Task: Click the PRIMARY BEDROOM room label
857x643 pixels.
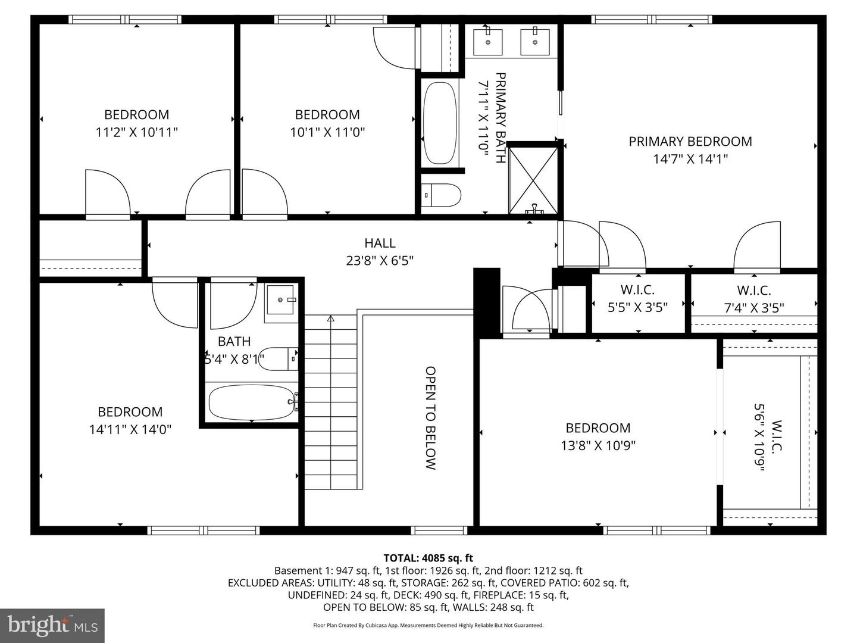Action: coord(690,142)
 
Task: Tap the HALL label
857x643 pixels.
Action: coord(380,243)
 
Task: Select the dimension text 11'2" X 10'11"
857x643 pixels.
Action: coord(137,132)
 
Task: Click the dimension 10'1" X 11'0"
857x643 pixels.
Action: coord(327,132)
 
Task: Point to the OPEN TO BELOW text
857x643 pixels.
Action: coord(431,418)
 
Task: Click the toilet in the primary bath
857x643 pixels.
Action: coord(442,195)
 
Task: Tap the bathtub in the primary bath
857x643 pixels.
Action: coord(440,123)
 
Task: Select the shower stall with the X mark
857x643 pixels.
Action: coord(533,179)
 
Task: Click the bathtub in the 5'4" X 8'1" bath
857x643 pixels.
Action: coord(251,402)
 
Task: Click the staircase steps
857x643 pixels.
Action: coord(331,405)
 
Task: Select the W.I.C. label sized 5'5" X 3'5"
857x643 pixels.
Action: coord(637,290)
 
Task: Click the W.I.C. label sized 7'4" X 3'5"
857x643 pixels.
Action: coord(754,291)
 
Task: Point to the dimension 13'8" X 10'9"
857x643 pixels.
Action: coord(598,445)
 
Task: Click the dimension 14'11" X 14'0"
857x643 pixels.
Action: coord(130,429)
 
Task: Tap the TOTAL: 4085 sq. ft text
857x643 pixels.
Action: coord(428,558)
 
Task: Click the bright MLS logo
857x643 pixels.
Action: coord(52,625)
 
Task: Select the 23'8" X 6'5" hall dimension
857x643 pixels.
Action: coord(380,261)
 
